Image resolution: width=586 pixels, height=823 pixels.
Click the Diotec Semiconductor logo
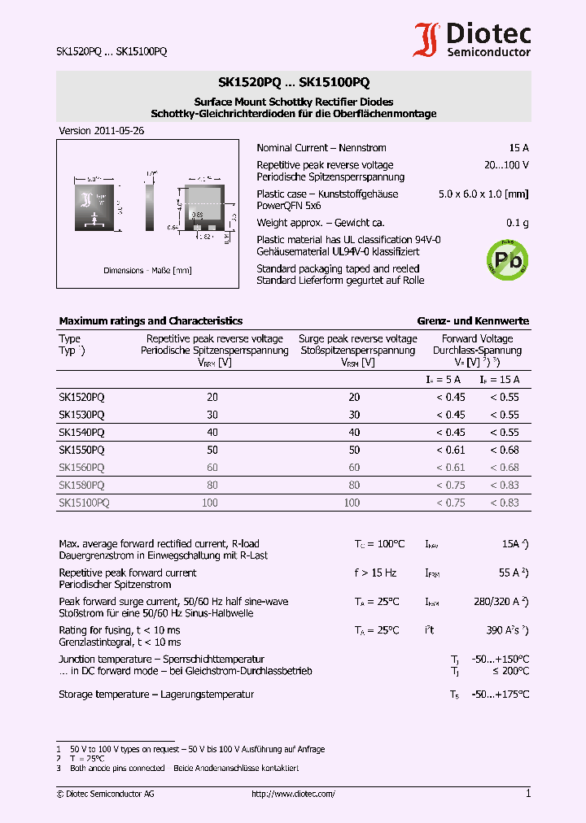[472, 40]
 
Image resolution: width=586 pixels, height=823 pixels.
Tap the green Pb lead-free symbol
[506, 259]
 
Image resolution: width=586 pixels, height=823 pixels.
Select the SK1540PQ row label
[81, 432]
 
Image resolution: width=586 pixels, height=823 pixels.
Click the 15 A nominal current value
[518, 148]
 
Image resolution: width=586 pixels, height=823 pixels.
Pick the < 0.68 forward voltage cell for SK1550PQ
[504, 450]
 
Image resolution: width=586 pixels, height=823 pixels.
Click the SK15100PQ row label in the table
[84, 503]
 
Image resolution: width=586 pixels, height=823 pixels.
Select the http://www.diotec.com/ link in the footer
[293, 794]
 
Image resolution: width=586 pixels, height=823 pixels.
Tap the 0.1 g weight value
[517, 223]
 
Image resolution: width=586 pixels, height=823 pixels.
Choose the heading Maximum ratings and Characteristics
[151, 321]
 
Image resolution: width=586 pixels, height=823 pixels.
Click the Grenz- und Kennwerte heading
[473, 321]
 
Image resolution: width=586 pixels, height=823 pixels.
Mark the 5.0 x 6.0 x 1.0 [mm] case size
[483, 194]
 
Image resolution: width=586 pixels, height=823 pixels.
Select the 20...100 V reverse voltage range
[505, 165]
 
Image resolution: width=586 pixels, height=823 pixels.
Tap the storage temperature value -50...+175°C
[501, 695]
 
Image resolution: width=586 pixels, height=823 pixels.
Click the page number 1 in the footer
[528, 794]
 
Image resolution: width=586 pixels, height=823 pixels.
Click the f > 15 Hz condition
[375, 573]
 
